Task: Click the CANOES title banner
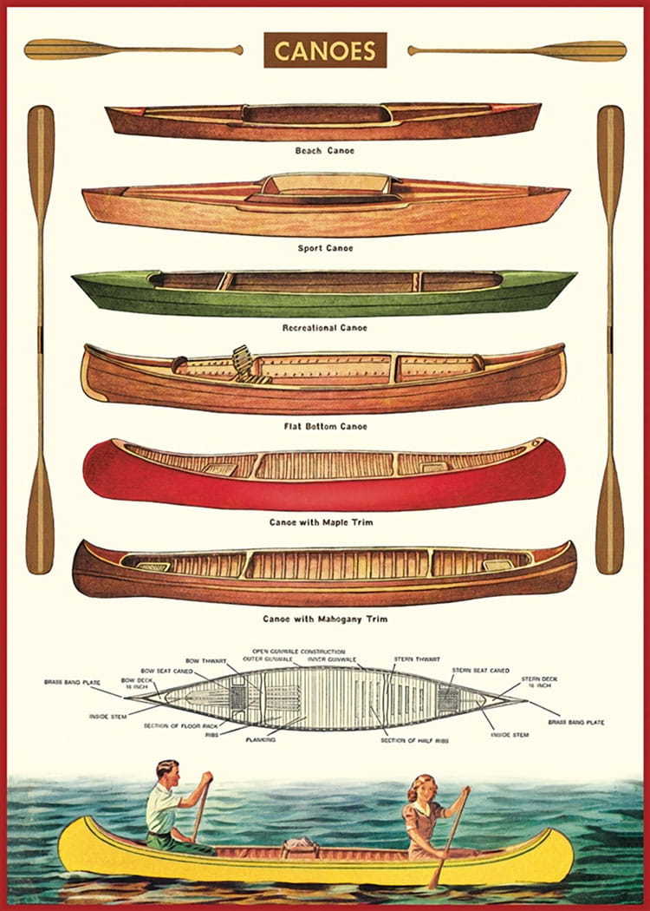(x=325, y=50)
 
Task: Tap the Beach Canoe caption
(x=325, y=151)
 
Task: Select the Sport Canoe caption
(x=325, y=248)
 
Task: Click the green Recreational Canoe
(x=324, y=293)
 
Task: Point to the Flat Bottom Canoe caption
(x=325, y=426)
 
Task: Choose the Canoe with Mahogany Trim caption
(x=325, y=619)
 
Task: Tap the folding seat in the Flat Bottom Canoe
(x=245, y=362)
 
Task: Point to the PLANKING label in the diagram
(x=260, y=740)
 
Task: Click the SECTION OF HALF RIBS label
(x=412, y=740)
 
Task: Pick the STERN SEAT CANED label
(x=480, y=670)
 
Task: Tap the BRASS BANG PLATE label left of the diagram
(x=73, y=683)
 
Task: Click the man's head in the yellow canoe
(x=168, y=771)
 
